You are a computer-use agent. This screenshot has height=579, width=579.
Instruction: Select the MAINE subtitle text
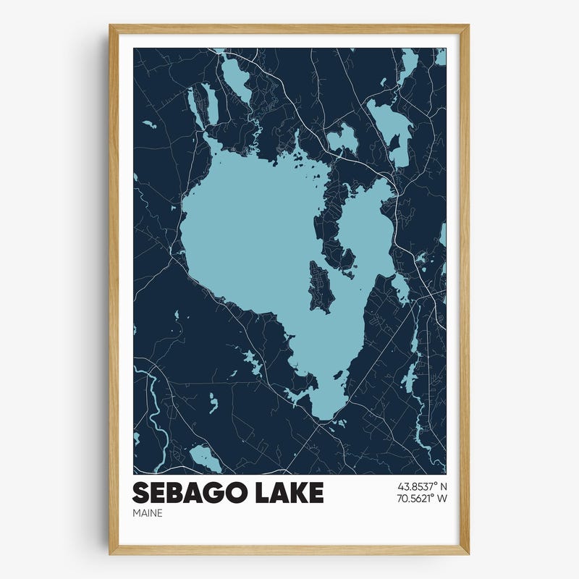148,513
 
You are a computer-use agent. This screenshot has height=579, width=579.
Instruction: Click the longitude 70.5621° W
418,499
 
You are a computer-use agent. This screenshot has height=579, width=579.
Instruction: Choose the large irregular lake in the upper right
392,127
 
